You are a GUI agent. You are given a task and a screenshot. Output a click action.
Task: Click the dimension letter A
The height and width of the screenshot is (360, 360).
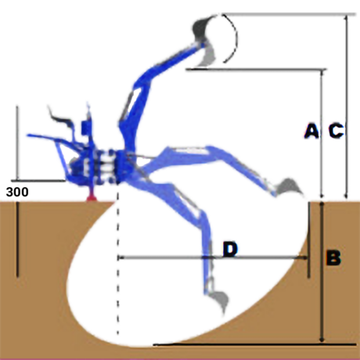pos(311,130)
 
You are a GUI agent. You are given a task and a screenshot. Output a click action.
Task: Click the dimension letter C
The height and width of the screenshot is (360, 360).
pos(336,130)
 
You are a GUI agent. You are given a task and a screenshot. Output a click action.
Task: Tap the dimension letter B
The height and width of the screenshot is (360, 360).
pos(333,257)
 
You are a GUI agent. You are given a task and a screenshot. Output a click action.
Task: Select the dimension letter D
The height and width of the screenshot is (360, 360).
pos(230,249)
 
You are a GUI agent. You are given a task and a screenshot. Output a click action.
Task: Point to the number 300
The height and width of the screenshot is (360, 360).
pos(17,192)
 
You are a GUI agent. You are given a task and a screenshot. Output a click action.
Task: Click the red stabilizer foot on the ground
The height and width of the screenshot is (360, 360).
pos(92,196)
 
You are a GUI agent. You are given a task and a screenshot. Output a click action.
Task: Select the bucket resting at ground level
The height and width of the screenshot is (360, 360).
pos(289,187)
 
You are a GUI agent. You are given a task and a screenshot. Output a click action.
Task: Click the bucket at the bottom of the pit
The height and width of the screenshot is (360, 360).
pos(219,301)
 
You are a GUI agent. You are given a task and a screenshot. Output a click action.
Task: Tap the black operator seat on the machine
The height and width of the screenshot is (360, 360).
pos(61,120)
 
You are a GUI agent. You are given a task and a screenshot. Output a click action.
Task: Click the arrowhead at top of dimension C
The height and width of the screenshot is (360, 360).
pos(346,18)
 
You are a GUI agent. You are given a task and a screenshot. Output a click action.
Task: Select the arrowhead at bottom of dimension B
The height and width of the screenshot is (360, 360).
pos(322,339)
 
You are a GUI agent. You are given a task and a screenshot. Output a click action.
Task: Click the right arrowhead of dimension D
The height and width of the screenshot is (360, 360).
pos(305,257)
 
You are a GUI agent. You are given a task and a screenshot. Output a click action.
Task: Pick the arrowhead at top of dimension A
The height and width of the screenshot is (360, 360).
pos(322,74)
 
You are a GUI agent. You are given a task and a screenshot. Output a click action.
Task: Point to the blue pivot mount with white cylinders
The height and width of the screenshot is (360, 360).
pos(104,166)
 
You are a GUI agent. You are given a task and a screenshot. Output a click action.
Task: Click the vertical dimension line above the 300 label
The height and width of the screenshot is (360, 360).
pos(17,143)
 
